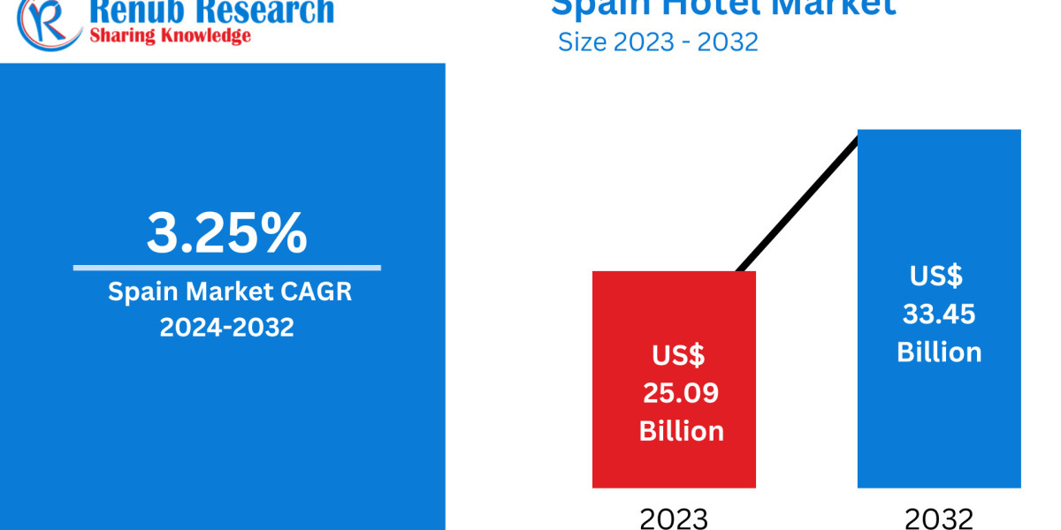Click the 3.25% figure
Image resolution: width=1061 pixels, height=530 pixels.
click(x=226, y=233)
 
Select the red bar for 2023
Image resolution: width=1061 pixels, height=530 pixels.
click(x=674, y=309)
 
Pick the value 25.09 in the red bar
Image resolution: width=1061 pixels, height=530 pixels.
click(x=681, y=393)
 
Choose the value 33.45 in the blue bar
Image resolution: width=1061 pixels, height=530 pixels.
click(x=939, y=314)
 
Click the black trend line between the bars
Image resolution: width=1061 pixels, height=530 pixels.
click(x=796, y=203)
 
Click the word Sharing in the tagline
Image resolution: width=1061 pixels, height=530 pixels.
click(x=119, y=36)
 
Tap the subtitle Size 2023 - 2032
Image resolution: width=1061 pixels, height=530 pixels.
click(x=658, y=42)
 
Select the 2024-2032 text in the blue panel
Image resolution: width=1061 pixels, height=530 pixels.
click(x=226, y=327)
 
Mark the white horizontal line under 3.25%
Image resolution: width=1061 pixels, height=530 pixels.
click(x=226, y=268)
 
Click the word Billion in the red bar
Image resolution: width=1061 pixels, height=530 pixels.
click(x=681, y=431)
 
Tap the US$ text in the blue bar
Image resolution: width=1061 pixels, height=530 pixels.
click(x=935, y=276)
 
